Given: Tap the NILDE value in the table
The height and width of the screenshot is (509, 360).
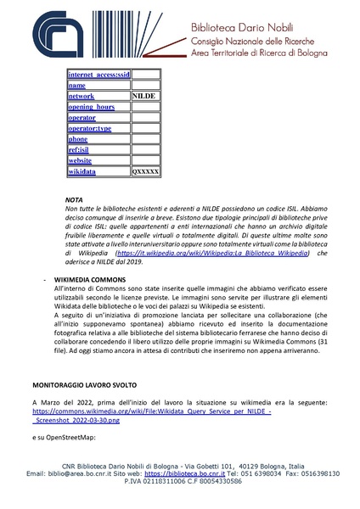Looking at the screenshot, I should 143,97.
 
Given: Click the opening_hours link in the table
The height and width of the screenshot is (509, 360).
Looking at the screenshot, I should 91,108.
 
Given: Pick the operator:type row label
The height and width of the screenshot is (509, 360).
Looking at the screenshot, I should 89,128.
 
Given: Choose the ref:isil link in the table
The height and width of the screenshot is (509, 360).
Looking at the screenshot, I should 78,150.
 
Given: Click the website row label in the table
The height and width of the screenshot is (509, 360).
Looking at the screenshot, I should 80,160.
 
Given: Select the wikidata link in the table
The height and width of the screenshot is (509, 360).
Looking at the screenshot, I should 82,171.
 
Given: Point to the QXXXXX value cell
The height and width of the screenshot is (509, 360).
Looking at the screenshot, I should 145,171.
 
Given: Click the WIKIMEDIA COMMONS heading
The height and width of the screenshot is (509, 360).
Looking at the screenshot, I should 90,279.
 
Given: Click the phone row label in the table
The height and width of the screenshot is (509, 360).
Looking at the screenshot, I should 77,139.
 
